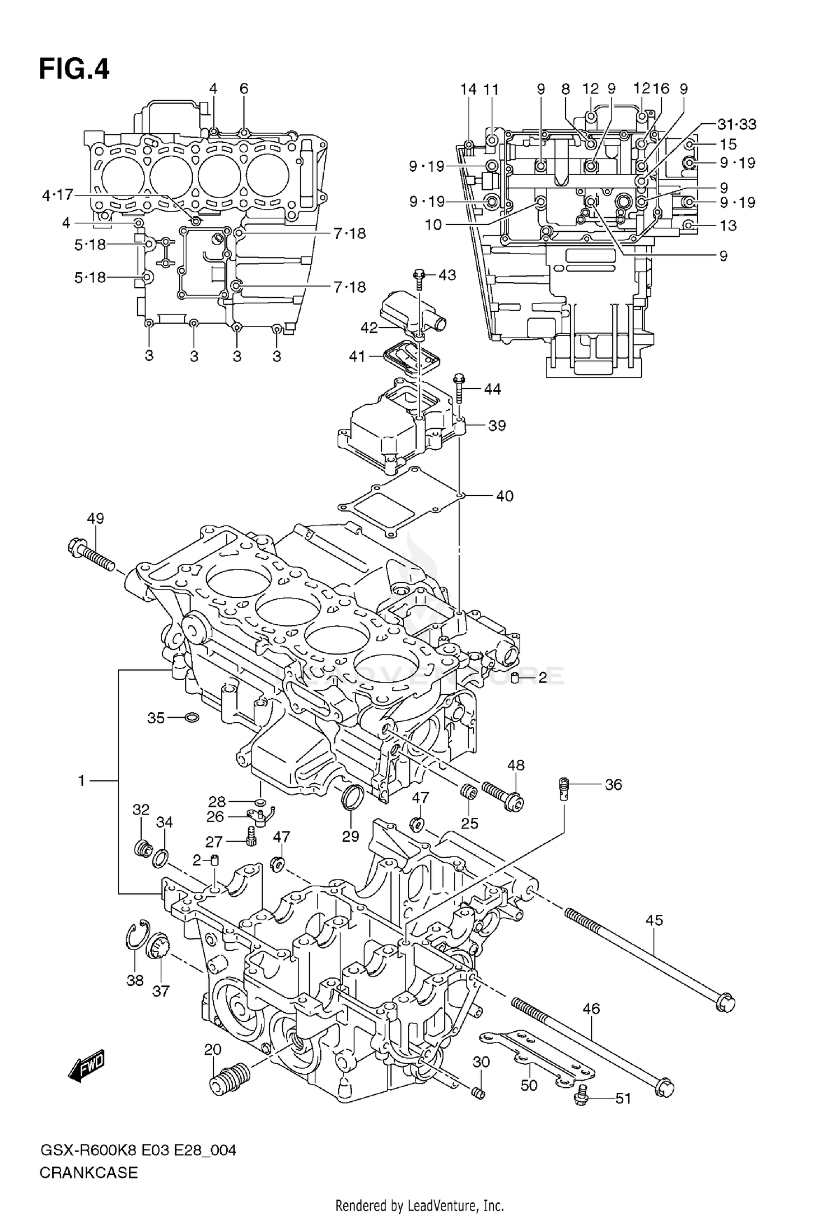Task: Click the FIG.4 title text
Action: pos(74,70)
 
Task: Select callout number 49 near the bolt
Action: pos(95,518)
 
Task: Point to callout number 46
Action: pos(591,1008)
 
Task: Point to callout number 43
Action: pos(447,275)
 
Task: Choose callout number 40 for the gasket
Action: pos(505,496)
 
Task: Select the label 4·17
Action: pos(58,195)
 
